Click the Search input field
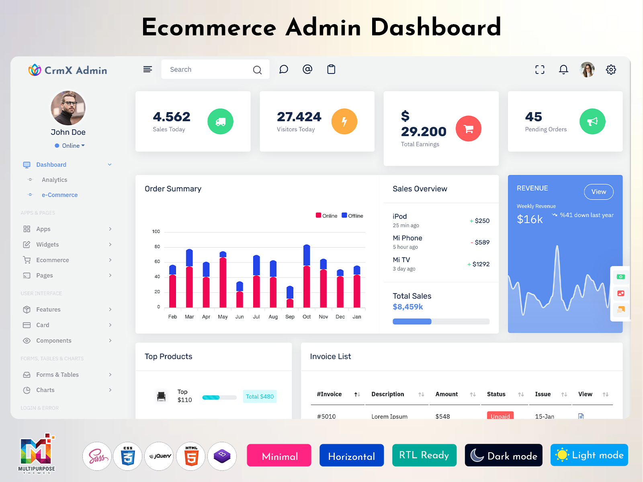(207, 69)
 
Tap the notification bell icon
(563, 69)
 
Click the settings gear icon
(611, 69)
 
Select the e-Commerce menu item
(59, 195)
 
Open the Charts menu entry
(45, 390)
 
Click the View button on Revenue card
(598, 192)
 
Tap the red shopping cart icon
(468, 129)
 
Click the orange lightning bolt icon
(344, 121)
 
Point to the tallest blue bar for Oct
(307, 255)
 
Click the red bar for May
(223, 282)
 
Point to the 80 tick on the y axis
(157, 247)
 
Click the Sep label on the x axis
(290, 317)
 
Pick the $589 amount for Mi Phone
(482, 242)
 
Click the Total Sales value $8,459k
(408, 307)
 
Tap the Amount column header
(446, 394)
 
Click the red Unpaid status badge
(500, 416)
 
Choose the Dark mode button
(504, 455)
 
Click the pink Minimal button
(279, 455)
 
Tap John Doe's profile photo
(68, 108)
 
